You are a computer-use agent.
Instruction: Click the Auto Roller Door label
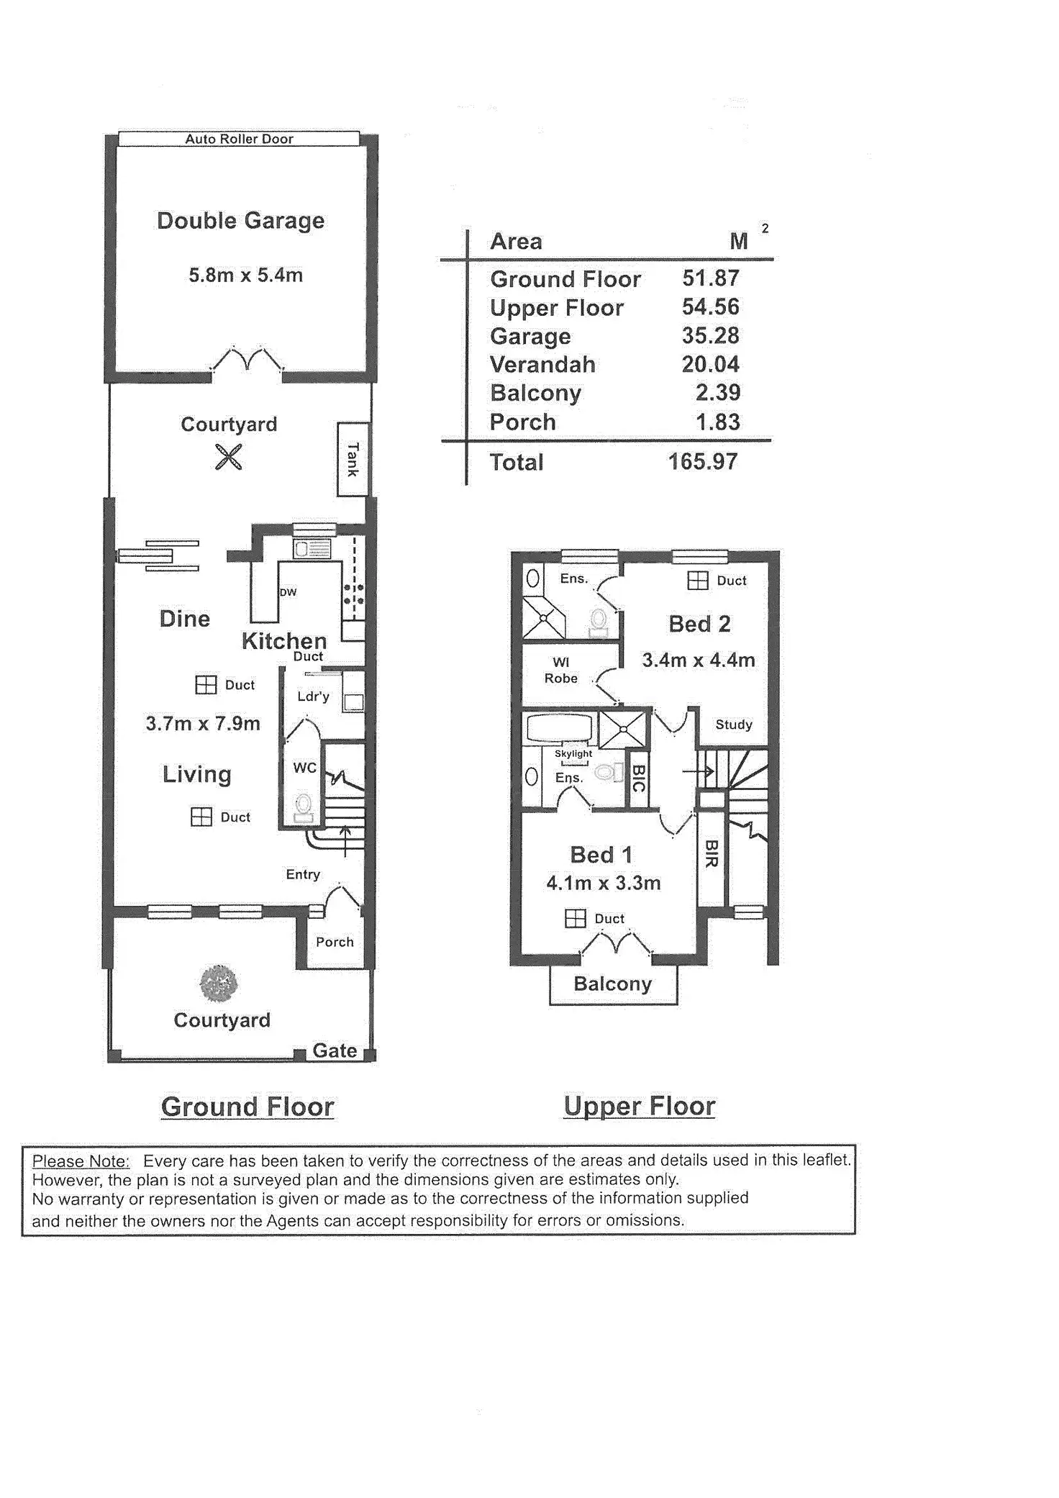click(239, 139)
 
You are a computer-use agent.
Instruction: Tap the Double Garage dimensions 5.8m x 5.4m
click(245, 275)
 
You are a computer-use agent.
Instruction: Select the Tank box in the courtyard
click(353, 459)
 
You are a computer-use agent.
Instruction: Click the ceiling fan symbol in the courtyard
click(229, 457)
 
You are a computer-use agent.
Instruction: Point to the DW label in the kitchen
click(288, 592)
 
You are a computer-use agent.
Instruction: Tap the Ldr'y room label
click(313, 696)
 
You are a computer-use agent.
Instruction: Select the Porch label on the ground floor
click(335, 942)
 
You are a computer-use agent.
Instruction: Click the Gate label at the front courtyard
click(335, 1050)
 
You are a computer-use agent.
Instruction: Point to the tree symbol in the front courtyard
click(218, 984)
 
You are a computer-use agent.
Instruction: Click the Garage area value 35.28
click(710, 336)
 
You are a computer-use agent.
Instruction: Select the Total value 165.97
click(703, 462)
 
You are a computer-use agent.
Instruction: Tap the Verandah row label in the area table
click(542, 365)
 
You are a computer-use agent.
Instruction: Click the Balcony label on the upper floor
click(612, 984)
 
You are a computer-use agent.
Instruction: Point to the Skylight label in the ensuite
click(573, 753)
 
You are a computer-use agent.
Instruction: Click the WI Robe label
click(561, 670)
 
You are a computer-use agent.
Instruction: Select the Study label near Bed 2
click(733, 725)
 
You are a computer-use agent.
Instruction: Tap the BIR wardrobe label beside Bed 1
click(711, 853)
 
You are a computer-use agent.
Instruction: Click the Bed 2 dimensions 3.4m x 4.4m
click(699, 660)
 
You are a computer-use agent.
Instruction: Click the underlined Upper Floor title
click(639, 1106)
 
